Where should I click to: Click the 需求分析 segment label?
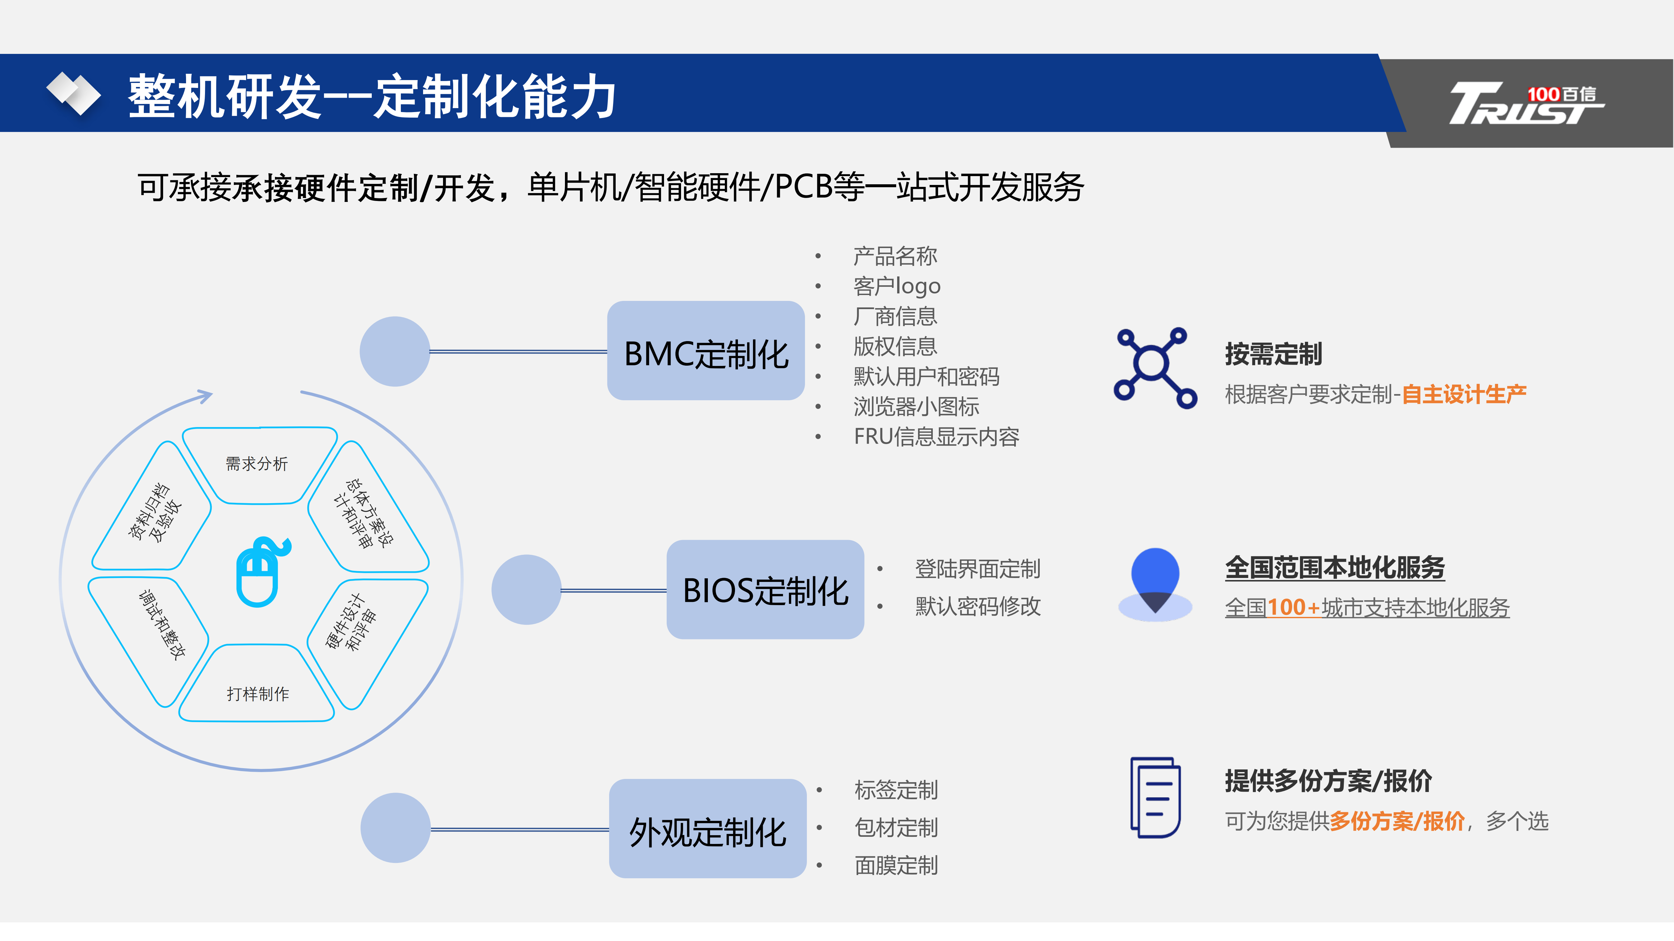257,464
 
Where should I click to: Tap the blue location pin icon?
1155,581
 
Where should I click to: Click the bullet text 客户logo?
897,286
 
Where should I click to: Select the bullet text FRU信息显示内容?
936,437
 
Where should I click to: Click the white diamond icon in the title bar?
74,93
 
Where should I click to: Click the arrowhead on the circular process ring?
205,395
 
